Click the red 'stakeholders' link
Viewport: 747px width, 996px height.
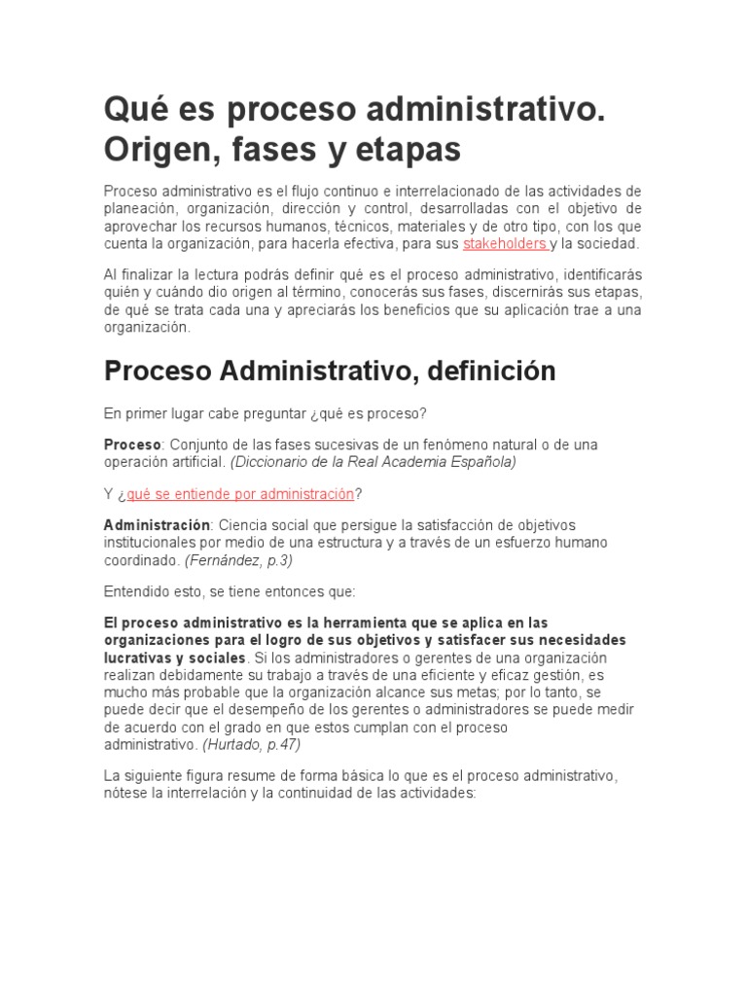point(504,243)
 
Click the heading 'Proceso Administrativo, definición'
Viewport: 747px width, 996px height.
point(330,371)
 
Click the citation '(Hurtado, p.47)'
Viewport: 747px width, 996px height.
point(252,745)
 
